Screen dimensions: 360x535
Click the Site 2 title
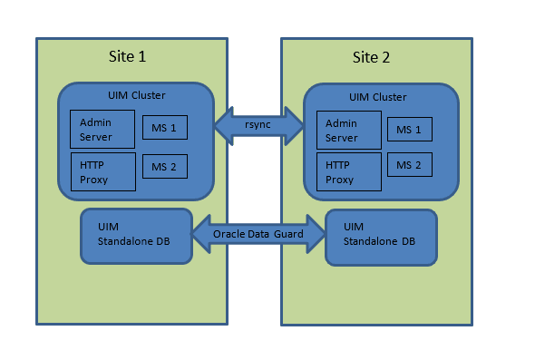coord(371,57)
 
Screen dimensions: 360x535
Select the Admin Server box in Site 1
coord(102,129)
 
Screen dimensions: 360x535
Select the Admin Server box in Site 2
coord(347,131)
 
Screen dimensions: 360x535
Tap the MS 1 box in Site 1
coord(164,128)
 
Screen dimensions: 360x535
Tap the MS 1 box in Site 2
coord(409,130)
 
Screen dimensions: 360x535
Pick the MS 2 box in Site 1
coord(164,166)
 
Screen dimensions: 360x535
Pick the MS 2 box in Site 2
coord(409,165)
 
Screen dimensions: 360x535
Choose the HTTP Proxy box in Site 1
coord(102,171)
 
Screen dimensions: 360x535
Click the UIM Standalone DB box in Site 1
coord(136,236)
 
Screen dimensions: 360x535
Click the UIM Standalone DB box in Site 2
coord(381,238)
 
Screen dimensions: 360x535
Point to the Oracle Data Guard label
coord(258,234)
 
